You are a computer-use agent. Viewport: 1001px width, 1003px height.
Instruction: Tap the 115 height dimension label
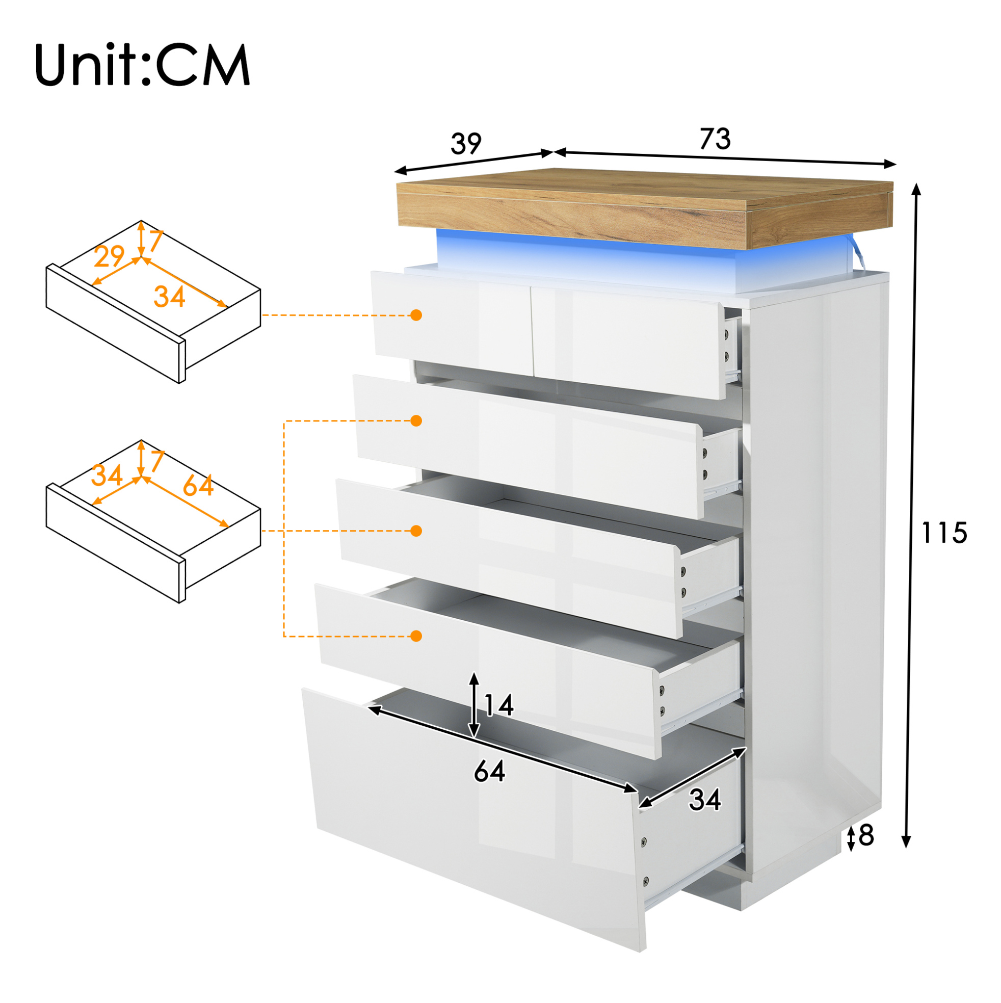944,533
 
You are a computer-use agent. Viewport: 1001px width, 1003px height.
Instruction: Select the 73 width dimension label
716,139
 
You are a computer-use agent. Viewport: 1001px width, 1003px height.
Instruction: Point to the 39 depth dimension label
466,143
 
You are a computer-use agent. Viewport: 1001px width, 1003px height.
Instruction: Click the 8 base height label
866,835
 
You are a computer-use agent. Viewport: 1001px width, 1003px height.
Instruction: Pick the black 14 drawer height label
498,705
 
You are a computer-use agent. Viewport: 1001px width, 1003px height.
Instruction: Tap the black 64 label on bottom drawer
489,771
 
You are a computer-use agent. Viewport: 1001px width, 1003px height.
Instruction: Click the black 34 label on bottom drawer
705,800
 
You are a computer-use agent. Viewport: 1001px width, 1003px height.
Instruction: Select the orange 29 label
109,256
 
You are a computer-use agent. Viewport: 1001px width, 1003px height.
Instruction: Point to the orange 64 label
198,485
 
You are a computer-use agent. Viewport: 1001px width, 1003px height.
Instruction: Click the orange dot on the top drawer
416,315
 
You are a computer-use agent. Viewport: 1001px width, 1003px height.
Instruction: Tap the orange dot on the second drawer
416,420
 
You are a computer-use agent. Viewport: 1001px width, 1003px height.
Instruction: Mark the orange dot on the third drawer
416,531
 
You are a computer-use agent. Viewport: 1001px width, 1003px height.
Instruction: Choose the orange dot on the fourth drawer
416,636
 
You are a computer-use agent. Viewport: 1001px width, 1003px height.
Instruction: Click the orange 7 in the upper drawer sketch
155,241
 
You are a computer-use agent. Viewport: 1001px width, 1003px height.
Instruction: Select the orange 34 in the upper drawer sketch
169,297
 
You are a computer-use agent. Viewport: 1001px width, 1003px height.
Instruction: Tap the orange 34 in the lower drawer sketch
107,476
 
